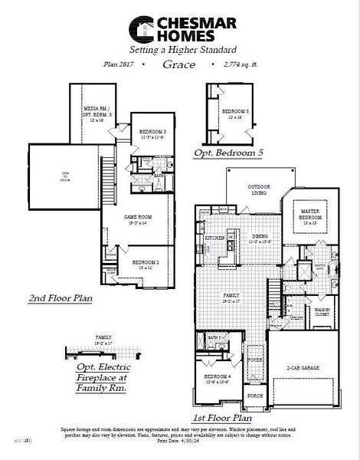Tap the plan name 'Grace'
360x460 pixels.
[178, 65]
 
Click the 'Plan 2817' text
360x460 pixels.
[119, 65]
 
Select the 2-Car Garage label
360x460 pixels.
[302, 367]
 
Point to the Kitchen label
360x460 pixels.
[214, 238]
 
